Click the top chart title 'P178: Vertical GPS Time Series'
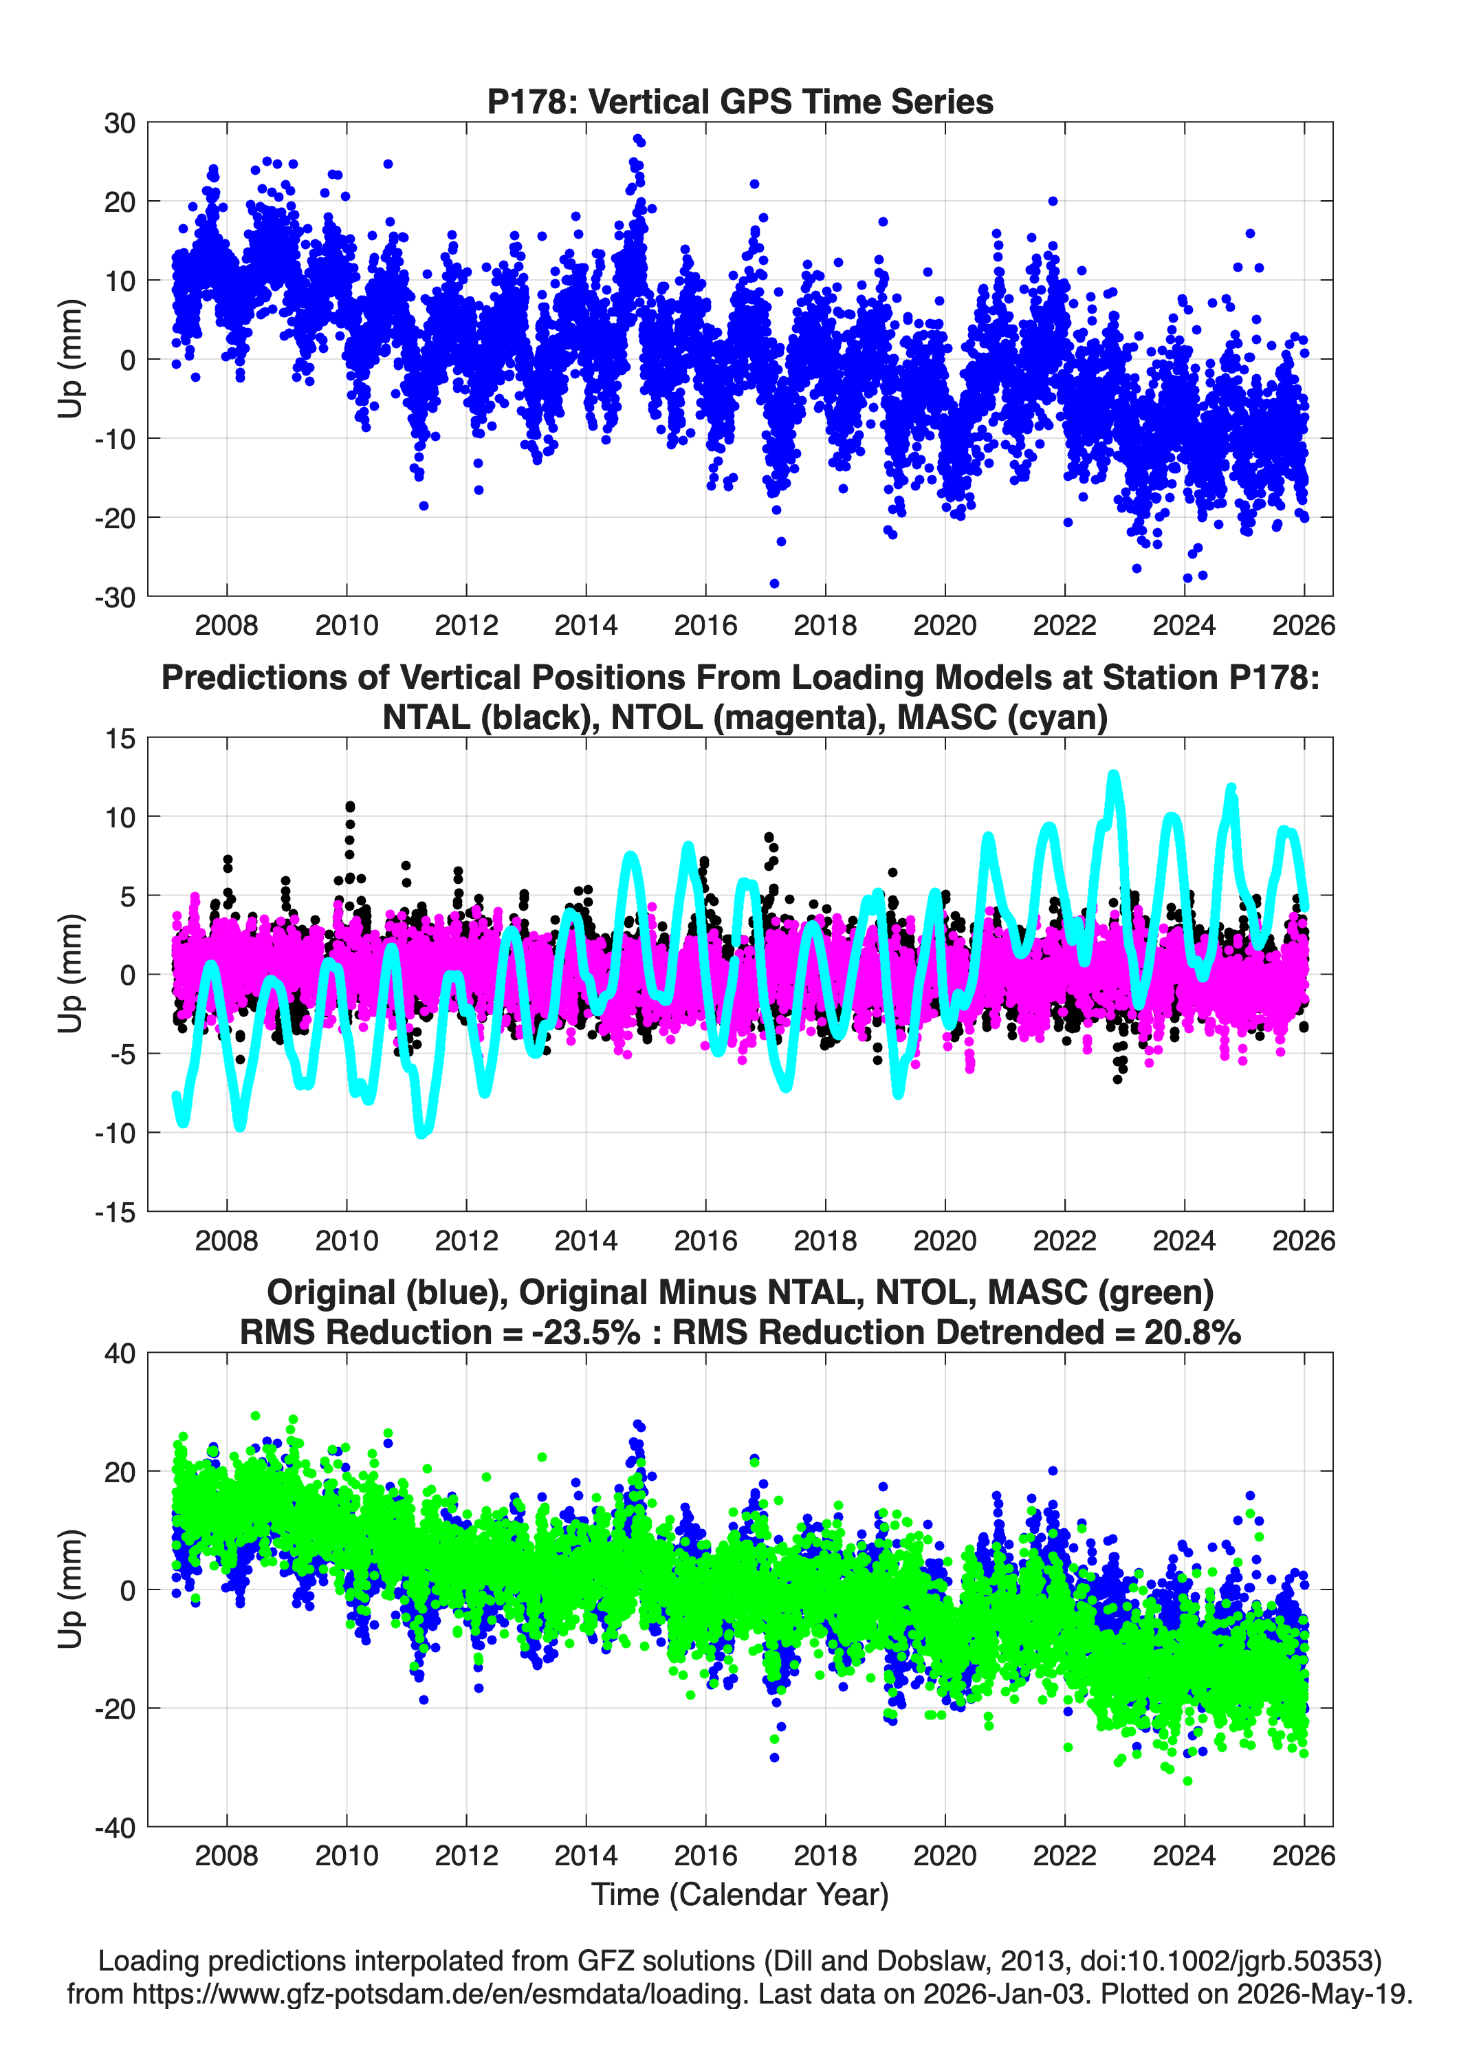(x=740, y=101)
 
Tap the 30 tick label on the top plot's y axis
(x=120, y=123)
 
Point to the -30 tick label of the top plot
(x=115, y=597)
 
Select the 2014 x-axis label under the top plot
(x=586, y=625)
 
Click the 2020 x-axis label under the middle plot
(x=945, y=1240)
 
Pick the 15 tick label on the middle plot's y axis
(x=120, y=739)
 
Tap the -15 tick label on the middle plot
(x=115, y=1212)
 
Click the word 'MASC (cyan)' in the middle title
(x=1002, y=717)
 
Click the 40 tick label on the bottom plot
(x=120, y=1354)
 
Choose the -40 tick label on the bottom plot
(x=115, y=1827)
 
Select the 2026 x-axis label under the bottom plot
(x=1304, y=1856)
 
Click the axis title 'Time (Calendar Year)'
(x=740, y=1895)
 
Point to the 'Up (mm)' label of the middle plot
(x=71, y=974)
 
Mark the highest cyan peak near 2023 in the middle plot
(x=1114, y=776)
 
